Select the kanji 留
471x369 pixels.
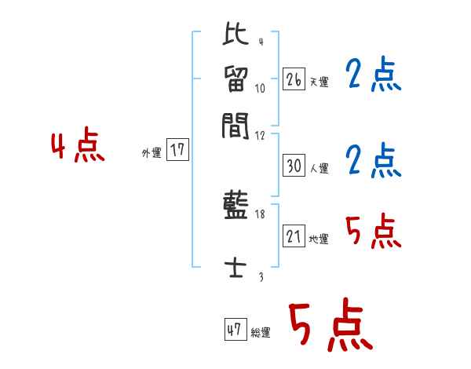[x=235, y=79]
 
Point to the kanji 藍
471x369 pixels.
[x=235, y=207]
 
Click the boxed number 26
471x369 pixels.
[x=293, y=79]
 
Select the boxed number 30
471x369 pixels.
[x=294, y=166]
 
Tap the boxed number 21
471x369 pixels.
[x=294, y=237]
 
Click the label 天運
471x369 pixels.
[x=319, y=82]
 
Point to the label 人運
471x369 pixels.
[x=319, y=168]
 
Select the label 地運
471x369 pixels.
[x=319, y=239]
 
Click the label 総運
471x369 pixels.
[x=261, y=333]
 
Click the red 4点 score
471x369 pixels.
[x=77, y=148]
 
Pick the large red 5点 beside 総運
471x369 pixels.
[x=330, y=327]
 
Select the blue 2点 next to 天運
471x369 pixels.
[x=373, y=76]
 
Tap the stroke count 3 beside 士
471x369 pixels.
[x=260, y=276]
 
